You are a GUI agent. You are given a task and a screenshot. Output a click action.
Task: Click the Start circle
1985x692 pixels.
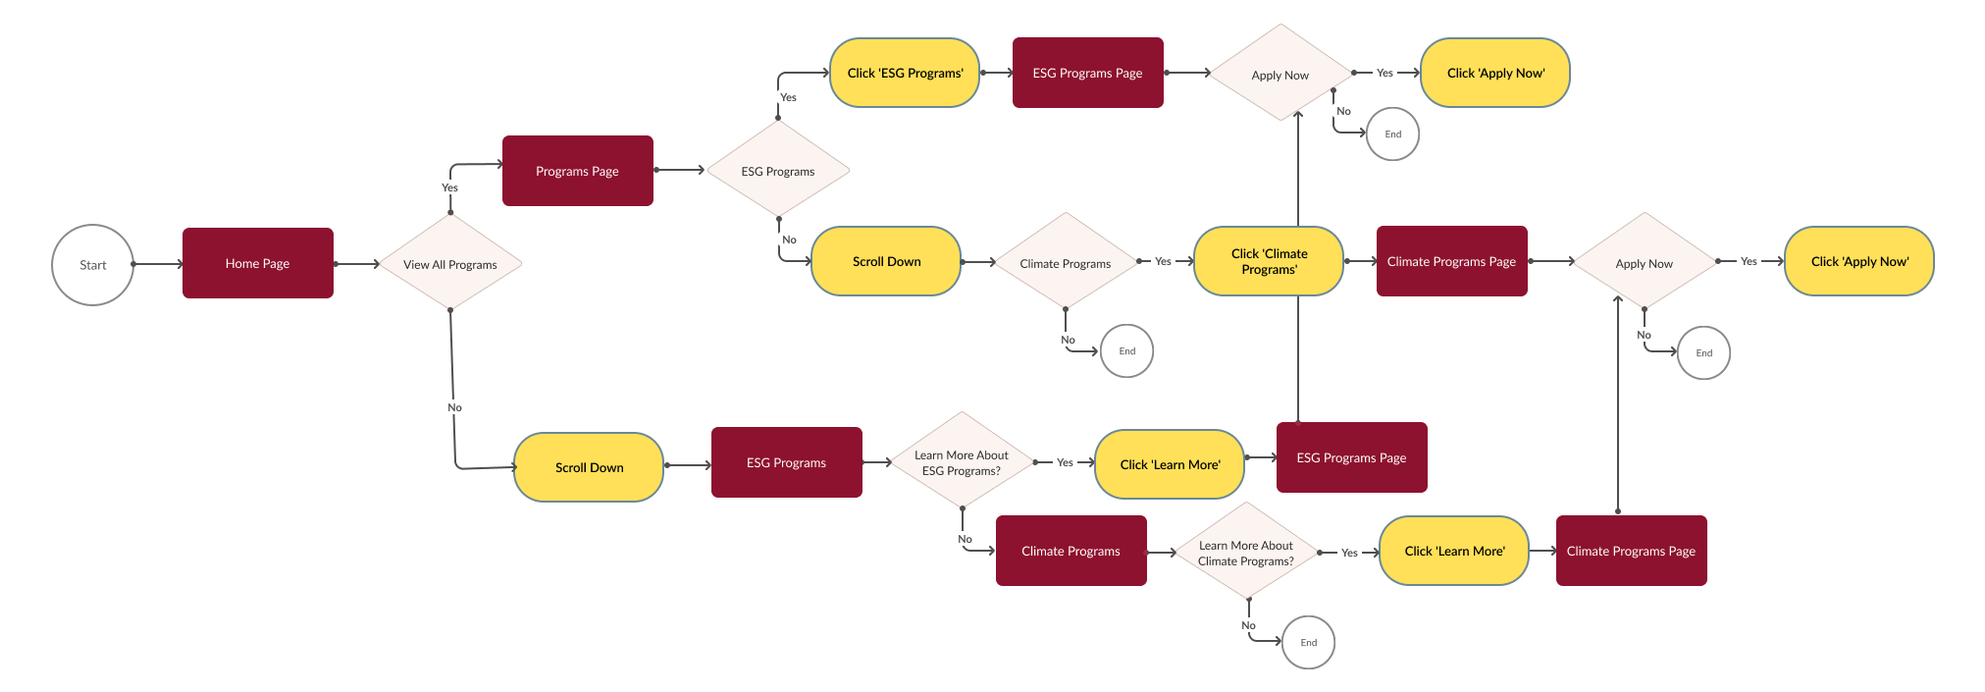click(x=92, y=265)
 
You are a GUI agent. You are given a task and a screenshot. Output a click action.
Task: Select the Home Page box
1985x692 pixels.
click(x=257, y=263)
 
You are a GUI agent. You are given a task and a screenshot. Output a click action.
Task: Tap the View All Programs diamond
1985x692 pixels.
click(x=450, y=264)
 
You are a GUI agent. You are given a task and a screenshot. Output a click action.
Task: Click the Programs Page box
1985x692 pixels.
click(x=577, y=171)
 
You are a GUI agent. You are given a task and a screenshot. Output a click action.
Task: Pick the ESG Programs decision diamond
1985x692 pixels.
click(x=778, y=171)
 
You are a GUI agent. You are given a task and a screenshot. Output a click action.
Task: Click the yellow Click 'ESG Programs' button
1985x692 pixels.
click(x=905, y=73)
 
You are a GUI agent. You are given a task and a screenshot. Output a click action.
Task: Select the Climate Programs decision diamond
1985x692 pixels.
click(x=1065, y=263)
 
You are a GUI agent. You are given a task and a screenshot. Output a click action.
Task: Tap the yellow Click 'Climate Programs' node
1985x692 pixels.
click(x=1269, y=261)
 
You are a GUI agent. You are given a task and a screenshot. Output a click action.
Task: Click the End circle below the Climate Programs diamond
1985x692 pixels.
click(x=1126, y=350)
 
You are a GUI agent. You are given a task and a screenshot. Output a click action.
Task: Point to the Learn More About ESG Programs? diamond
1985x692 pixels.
click(x=962, y=462)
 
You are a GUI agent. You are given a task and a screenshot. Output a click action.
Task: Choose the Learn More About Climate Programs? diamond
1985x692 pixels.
click(x=1246, y=553)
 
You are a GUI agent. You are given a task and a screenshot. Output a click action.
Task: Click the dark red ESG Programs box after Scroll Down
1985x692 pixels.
click(x=786, y=462)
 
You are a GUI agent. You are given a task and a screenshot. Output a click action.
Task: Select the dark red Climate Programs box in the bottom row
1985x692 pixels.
click(x=1071, y=551)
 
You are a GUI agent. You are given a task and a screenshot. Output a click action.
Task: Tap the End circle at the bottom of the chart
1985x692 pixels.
click(x=1308, y=642)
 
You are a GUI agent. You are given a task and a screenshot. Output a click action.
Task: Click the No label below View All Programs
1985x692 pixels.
click(x=454, y=407)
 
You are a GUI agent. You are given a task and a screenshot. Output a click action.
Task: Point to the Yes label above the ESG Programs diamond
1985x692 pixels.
click(x=788, y=97)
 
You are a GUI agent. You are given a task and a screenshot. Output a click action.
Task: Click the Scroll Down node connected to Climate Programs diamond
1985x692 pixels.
click(x=886, y=261)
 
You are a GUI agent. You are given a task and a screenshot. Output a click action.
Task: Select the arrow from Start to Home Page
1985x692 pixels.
click(x=157, y=264)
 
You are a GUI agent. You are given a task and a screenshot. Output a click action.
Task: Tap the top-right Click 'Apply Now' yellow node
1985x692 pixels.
click(x=1494, y=73)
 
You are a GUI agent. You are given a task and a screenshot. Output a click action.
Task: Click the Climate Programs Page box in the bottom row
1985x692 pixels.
click(x=1631, y=551)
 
